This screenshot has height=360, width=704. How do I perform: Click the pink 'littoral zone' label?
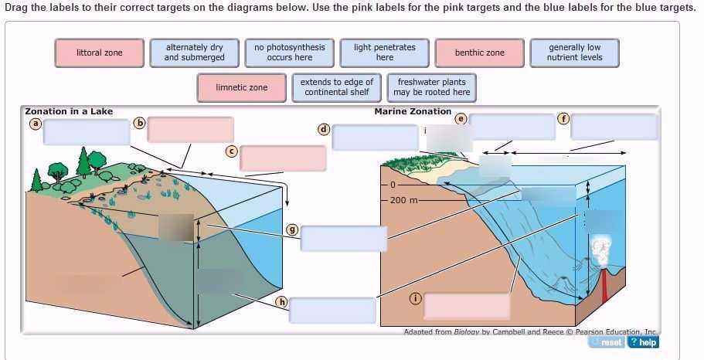[x=99, y=53]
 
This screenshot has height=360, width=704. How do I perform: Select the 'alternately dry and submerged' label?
[x=195, y=53]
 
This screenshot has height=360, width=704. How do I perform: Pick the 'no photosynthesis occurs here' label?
[x=290, y=53]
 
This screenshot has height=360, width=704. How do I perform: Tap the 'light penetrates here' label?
[x=385, y=53]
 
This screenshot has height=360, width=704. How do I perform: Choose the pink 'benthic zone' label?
[x=479, y=53]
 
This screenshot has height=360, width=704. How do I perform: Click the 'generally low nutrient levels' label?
[x=574, y=53]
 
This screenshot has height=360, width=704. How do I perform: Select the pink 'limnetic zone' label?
[x=242, y=87]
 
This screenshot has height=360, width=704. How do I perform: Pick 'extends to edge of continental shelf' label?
[x=337, y=87]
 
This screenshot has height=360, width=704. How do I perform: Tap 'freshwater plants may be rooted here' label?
[x=431, y=87]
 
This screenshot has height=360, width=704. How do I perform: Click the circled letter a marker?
[x=34, y=122]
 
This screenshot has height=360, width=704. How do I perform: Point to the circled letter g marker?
[x=292, y=229]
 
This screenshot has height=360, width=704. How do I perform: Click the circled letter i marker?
[x=415, y=299]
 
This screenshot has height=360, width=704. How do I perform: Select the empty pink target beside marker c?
[x=283, y=158]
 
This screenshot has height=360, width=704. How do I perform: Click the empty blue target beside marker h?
[x=332, y=310]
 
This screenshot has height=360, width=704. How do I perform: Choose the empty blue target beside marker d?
[x=375, y=137]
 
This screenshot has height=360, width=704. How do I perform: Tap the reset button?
[x=607, y=342]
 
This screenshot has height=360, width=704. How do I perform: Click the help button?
[x=643, y=342]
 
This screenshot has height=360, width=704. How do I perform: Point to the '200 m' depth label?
[x=403, y=200]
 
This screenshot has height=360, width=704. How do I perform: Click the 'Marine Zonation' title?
[x=413, y=111]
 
